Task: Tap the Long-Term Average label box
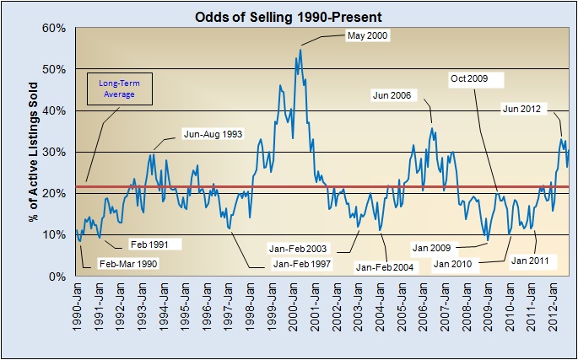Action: coord(120,89)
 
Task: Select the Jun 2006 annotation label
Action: coord(392,95)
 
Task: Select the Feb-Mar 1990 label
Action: coord(128,263)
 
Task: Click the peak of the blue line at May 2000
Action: coord(300,50)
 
